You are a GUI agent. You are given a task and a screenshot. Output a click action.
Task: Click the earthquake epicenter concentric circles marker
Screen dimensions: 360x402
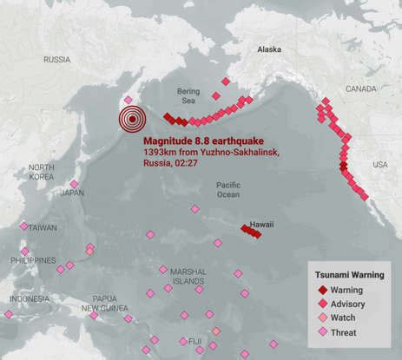pos(132,120)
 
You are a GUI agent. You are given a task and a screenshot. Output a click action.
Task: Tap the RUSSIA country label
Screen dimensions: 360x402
pos(56,60)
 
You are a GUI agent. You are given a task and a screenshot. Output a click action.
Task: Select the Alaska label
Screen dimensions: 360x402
pos(269,50)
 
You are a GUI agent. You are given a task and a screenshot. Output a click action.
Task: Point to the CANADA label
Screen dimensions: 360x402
pos(361,88)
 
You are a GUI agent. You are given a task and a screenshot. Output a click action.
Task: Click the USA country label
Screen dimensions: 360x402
pos(380,164)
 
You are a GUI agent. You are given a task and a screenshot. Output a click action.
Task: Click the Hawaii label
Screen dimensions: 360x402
pos(261,225)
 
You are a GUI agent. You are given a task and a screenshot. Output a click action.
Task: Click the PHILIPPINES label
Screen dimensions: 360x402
pos(33,260)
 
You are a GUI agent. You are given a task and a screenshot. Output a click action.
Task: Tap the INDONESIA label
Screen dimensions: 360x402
pos(30,299)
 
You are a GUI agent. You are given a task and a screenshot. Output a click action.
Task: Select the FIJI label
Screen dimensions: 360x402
pos(194,341)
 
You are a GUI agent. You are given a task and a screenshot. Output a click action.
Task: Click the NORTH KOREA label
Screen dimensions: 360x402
pos(41,172)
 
